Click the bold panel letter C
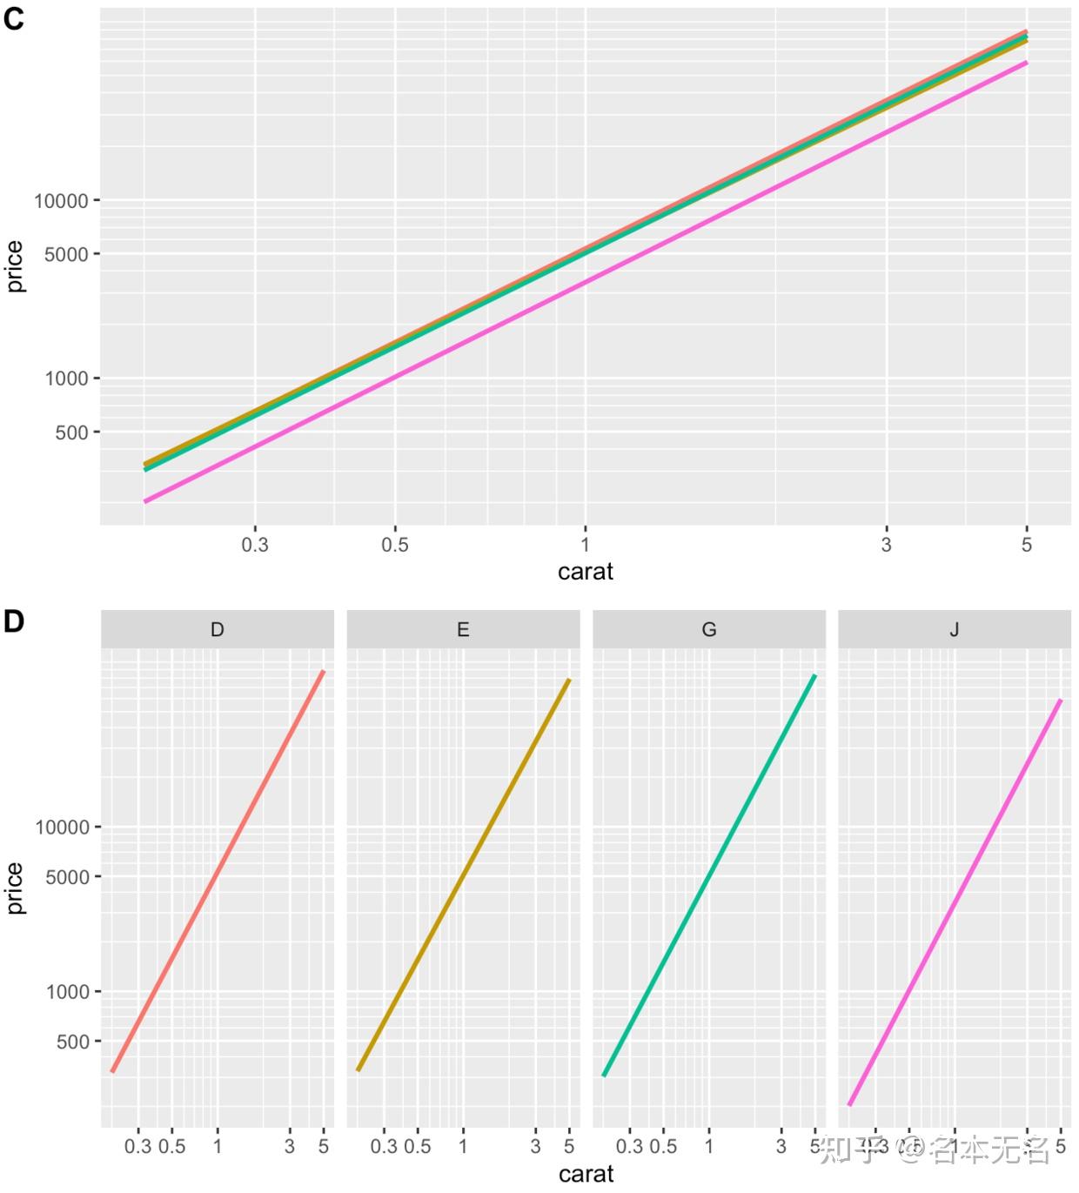click(x=13, y=18)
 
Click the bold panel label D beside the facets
click(x=13, y=621)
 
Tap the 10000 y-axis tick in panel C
click(x=61, y=201)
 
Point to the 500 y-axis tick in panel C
click(x=72, y=432)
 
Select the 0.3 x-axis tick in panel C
click(x=255, y=545)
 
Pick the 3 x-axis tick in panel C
click(x=886, y=545)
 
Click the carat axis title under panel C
click(x=585, y=572)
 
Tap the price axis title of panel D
click(x=15, y=888)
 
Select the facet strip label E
click(x=463, y=629)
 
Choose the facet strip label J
click(x=955, y=629)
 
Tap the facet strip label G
click(x=709, y=629)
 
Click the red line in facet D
click(x=218, y=872)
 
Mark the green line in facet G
click(x=709, y=875)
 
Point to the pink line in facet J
click(x=955, y=902)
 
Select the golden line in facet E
click(x=463, y=875)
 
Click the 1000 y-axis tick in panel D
click(x=67, y=992)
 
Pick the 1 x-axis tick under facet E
click(x=463, y=1146)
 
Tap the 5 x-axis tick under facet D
click(x=324, y=1146)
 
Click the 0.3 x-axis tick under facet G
click(x=629, y=1146)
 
